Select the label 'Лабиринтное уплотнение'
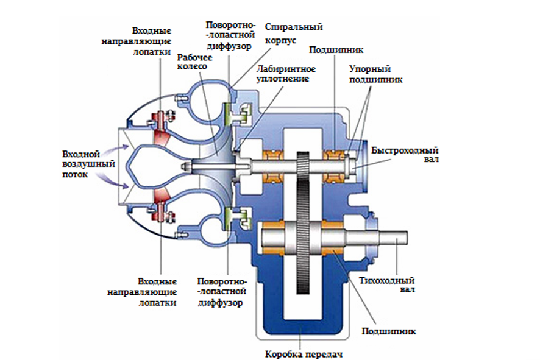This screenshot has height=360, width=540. click(284, 74)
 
